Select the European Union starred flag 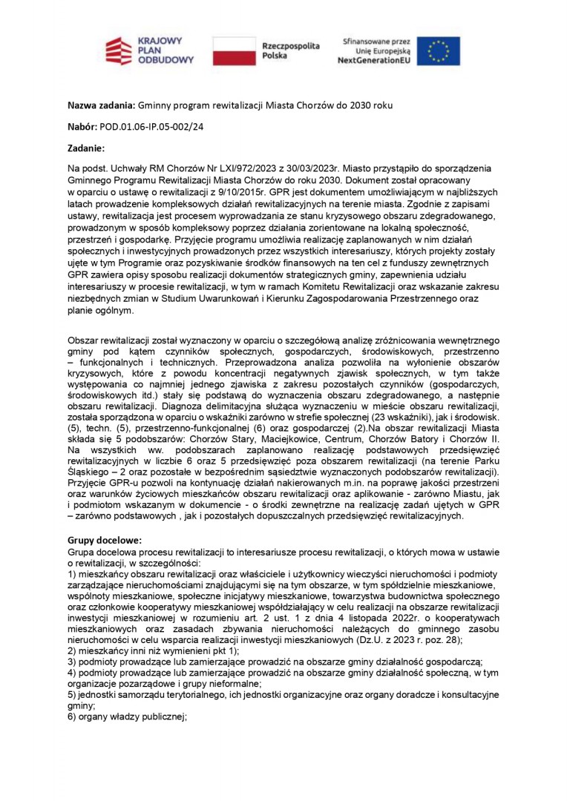point(438,50)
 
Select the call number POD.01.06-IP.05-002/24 point(157,127)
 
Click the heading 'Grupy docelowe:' point(105,541)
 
